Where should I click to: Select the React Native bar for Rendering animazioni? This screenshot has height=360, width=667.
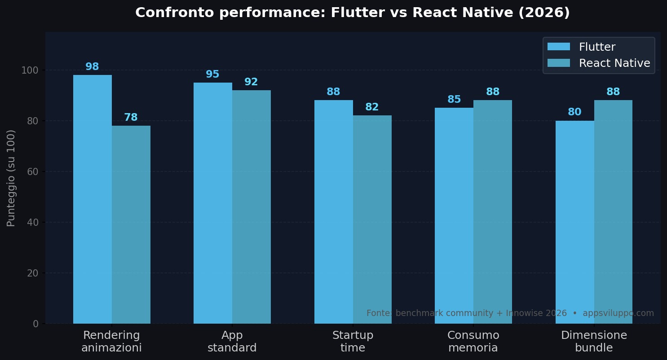(x=131, y=224)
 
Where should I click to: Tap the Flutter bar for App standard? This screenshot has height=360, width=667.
(x=213, y=203)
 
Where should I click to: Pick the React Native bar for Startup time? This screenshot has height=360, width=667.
(x=372, y=220)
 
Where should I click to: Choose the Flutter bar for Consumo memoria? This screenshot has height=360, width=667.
(x=454, y=215)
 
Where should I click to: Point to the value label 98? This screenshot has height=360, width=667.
(x=92, y=67)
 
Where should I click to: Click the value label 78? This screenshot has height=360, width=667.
(x=131, y=118)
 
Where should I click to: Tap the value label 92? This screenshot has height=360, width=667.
(x=251, y=82)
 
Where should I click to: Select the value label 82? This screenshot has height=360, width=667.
(x=372, y=107)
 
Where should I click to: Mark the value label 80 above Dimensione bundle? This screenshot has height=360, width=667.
(x=574, y=112)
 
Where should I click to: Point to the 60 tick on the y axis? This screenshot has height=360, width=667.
(x=32, y=171)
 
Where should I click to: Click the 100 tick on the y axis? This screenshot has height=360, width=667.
(x=30, y=70)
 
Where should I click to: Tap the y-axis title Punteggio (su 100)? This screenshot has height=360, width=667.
(x=11, y=178)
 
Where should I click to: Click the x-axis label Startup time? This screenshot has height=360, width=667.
(x=353, y=342)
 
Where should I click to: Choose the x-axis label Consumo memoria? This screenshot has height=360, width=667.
(x=473, y=342)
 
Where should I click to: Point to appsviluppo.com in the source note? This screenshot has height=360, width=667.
(x=618, y=313)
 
